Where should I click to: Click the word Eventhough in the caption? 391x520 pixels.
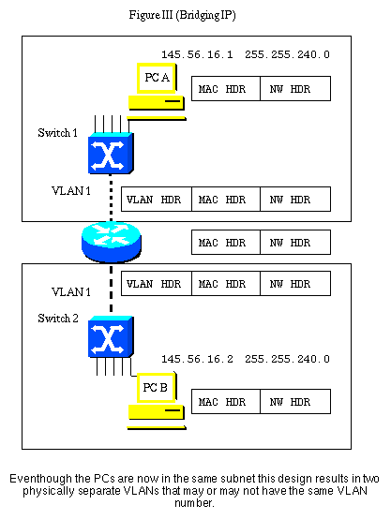pyautogui.click(x=45, y=479)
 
